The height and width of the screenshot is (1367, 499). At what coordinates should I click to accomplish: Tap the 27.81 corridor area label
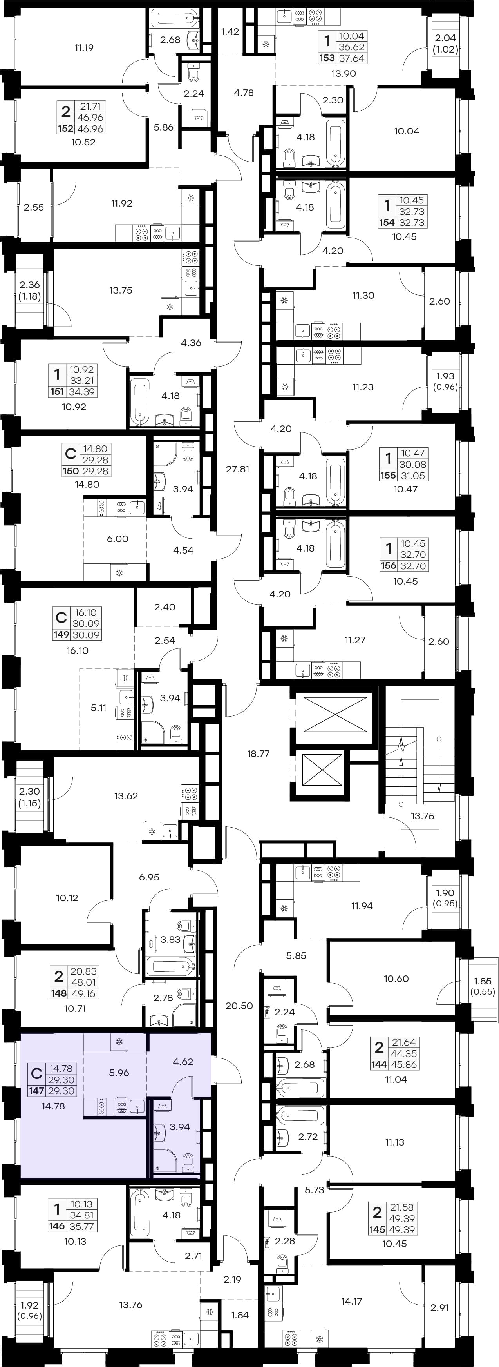(x=238, y=469)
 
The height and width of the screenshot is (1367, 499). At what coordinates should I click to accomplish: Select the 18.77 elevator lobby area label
(x=258, y=753)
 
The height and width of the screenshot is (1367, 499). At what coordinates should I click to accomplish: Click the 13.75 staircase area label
(x=422, y=816)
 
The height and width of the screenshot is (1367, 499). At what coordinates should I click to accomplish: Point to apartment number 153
(x=327, y=58)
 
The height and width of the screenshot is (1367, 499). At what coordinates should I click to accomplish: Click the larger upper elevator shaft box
(x=335, y=715)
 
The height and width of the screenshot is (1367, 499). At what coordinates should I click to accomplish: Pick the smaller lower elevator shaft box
(x=322, y=770)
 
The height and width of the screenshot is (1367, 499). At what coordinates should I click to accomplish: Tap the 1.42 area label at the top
(x=230, y=32)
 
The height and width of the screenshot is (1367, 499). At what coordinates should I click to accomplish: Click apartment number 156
(x=388, y=566)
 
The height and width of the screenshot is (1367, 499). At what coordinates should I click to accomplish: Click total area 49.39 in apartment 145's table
(x=403, y=1229)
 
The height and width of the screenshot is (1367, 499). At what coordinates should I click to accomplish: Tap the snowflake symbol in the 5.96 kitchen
(x=119, y=1041)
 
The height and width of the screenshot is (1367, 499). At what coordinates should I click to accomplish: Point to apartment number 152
(x=66, y=129)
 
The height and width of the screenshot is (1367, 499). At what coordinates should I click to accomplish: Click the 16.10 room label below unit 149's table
(x=78, y=651)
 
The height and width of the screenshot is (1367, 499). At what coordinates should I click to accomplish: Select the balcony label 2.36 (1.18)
(x=30, y=290)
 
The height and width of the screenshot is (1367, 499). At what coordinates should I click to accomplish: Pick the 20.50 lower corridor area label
(x=239, y=1006)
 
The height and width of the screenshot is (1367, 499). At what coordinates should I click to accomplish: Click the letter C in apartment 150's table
(x=70, y=454)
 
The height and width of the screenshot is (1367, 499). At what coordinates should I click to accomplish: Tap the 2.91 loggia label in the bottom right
(x=439, y=1307)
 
